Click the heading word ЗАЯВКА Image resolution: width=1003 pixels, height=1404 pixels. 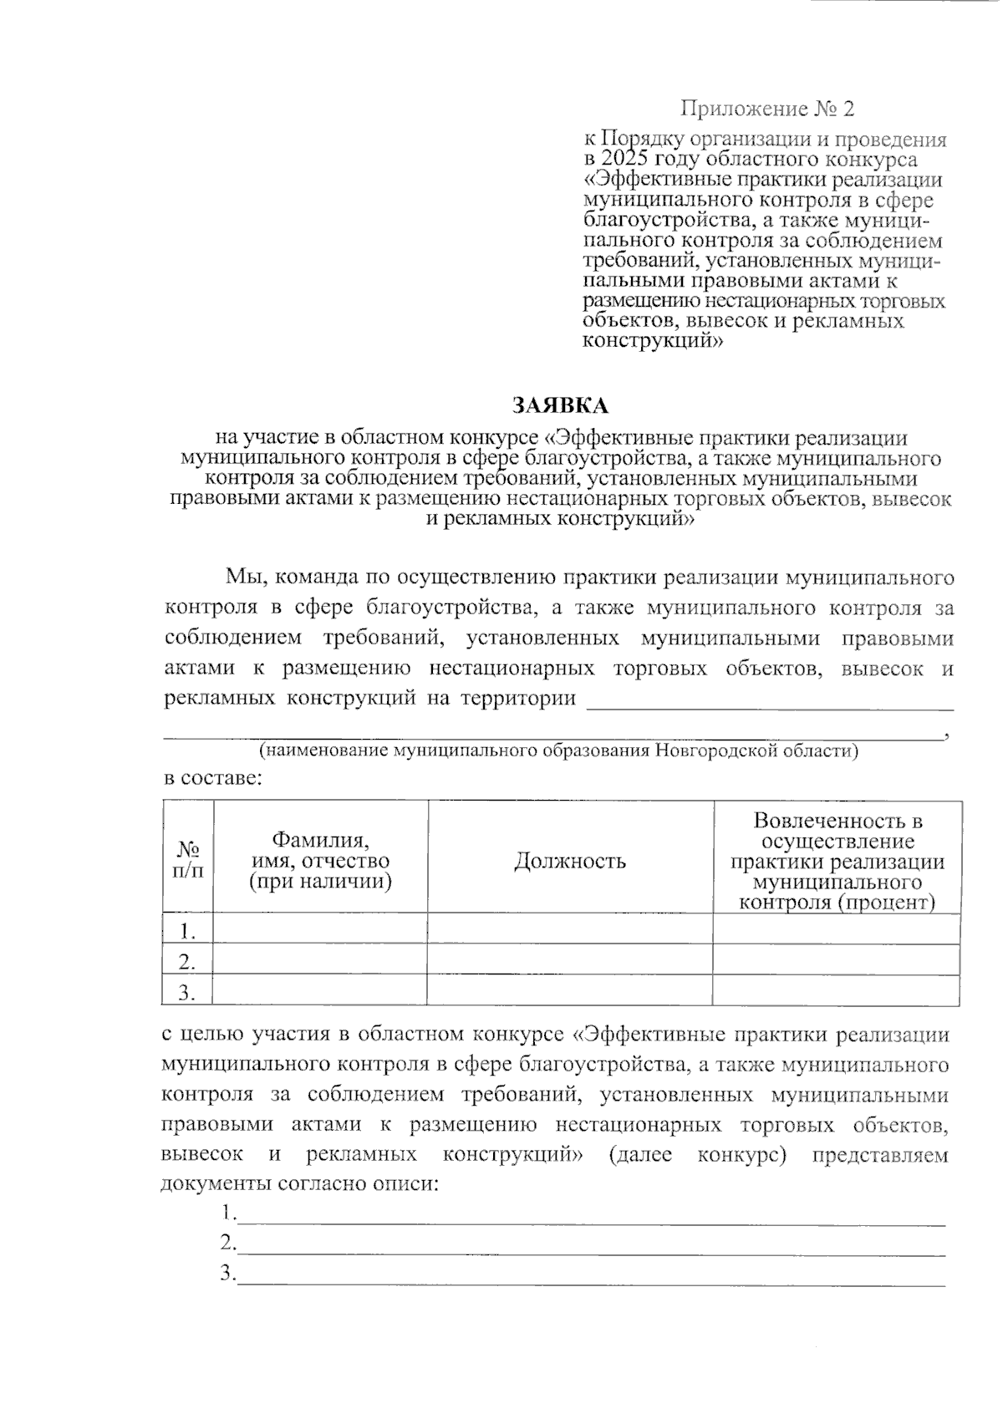tap(560, 406)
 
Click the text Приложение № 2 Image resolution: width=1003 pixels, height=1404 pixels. tap(767, 109)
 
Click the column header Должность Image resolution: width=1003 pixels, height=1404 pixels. tap(570, 861)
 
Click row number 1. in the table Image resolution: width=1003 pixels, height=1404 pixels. tap(188, 930)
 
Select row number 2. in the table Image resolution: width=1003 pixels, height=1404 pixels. tap(188, 961)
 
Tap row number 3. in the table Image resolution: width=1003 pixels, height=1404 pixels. tap(188, 992)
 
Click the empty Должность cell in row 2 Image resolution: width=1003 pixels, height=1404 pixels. tap(570, 960)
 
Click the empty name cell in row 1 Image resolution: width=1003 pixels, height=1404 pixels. tap(320, 929)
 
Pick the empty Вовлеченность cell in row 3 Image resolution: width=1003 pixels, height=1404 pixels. tap(837, 991)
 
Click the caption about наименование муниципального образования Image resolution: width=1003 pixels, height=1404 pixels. tap(558, 750)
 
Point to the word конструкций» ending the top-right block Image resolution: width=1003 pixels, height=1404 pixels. tap(652, 340)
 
